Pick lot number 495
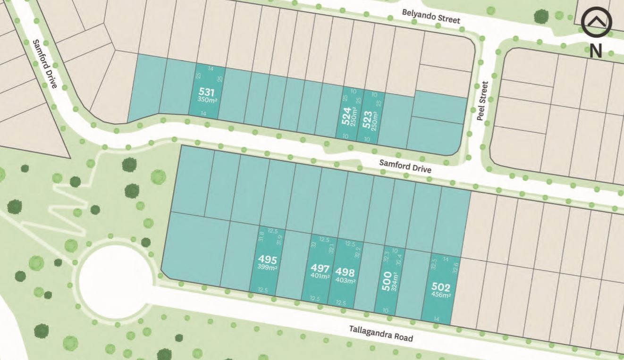coord(267,260)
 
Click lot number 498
coord(345,272)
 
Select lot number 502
coord(441,287)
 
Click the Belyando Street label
coord(430,17)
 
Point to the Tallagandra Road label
coord(381,334)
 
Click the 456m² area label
coord(441,295)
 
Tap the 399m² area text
coord(267,268)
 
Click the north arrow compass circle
coord(596,22)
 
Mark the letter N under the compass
coord(596,50)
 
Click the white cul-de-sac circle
coord(116,281)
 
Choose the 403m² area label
coord(345,281)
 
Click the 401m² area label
coord(320,276)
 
